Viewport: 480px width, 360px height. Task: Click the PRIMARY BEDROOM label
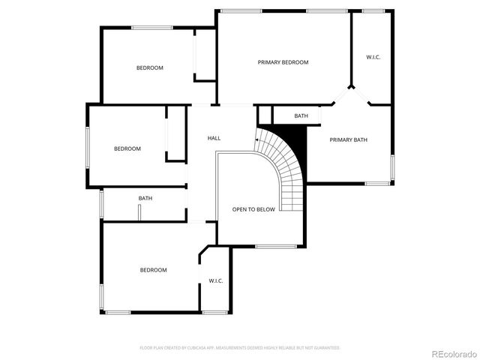coord(283,62)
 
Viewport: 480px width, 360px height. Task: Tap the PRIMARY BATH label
coord(349,139)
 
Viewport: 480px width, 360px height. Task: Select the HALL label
coord(214,138)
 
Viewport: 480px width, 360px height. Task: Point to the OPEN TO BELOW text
coord(253,210)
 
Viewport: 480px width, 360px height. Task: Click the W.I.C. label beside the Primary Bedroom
coord(373,57)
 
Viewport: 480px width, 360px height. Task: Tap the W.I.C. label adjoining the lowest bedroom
coord(216,281)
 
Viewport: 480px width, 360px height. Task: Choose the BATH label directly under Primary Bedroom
coord(301,116)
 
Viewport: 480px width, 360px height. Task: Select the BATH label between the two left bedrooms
coord(145,198)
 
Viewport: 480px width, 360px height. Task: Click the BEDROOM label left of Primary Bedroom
coord(149,68)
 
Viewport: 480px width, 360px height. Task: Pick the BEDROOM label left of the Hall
coord(127,148)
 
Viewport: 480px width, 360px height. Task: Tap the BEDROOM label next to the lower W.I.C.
coord(153,270)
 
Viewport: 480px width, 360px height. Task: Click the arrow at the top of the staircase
coord(259,137)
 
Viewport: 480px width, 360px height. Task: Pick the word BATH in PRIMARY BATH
coord(360,139)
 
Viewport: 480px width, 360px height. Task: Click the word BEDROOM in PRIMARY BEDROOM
coord(294,62)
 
